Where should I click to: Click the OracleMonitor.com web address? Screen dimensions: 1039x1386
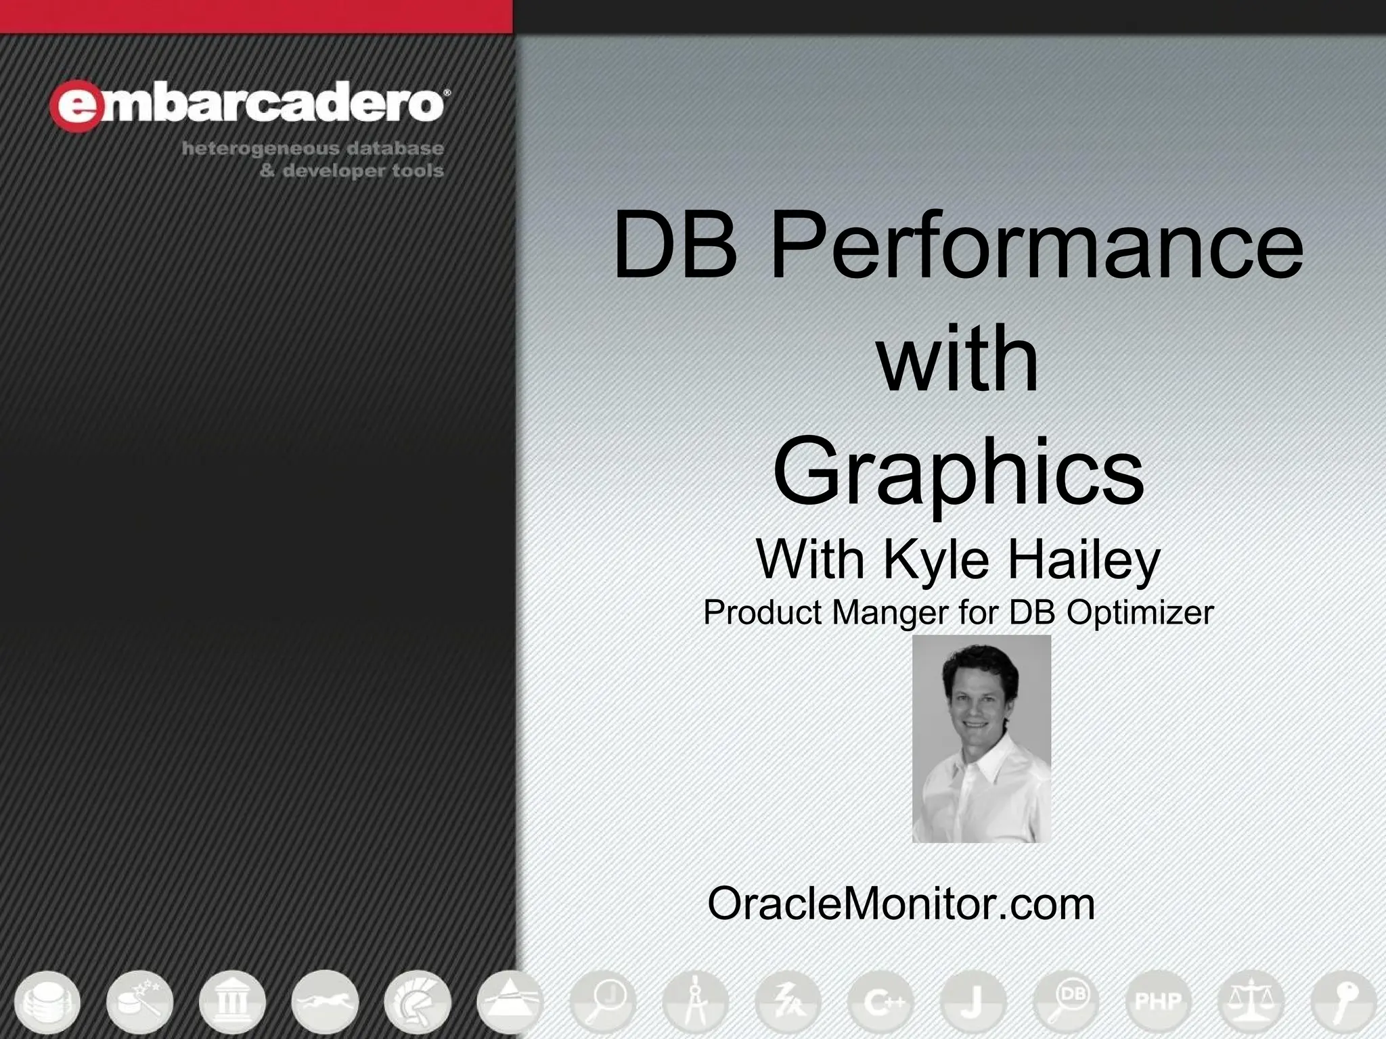901,903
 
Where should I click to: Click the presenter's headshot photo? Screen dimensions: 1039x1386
981,739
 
